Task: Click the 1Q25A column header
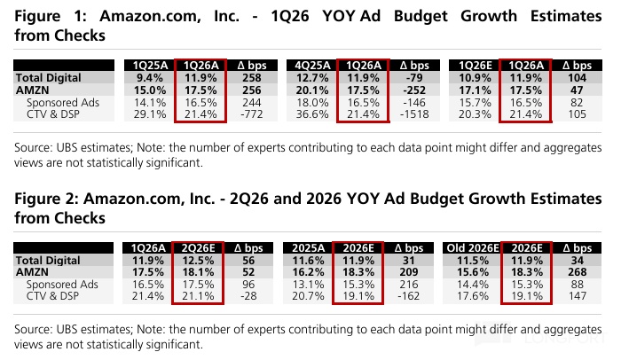pyautogui.click(x=150, y=66)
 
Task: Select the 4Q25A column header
pyautogui.click(x=312, y=66)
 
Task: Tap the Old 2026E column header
pyautogui.click(x=473, y=248)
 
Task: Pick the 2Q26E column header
pyautogui.click(x=198, y=248)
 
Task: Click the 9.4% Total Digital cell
pyautogui.click(x=150, y=78)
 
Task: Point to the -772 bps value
pyautogui.click(x=252, y=114)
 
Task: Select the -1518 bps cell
pyautogui.click(x=414, y=114)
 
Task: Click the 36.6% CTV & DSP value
pyautogui.click(x=312, y=114)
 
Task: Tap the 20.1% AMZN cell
pyautogui.click(x=312, y=90)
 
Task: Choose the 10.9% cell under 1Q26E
pyautogui.click(x=475, y=78)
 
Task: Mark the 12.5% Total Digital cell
pyautogui.click(x=198, y=260)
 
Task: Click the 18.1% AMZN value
pyautogui.click(x=198, y=272)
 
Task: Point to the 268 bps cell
pyautogui.click(x=577, y=272)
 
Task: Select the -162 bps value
pyautogui.click(x=409, y=296)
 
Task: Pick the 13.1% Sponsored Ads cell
pyautogui.click(x=308, y=285)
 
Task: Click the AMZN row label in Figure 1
pyautogui.click(x=33, y=90)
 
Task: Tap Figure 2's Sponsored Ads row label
pyautogui.click(x=62, y=285)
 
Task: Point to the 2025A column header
pyautogui.click(x=308, y=248)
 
